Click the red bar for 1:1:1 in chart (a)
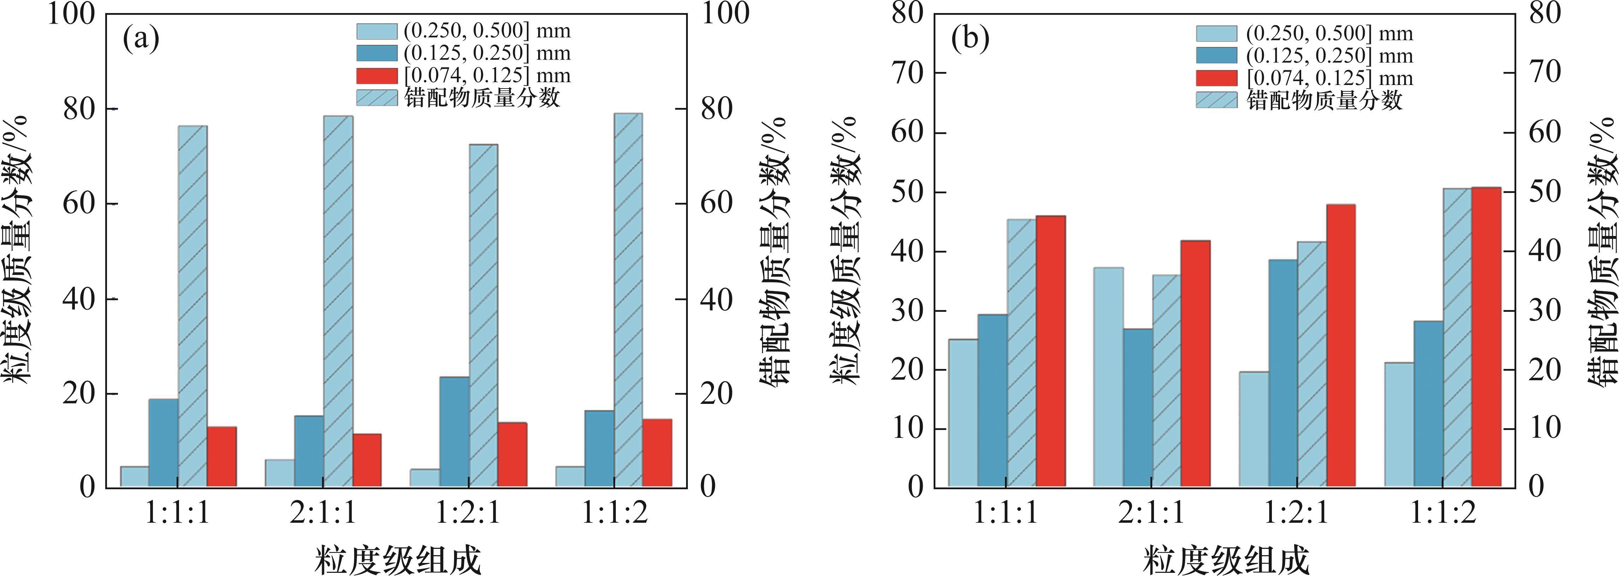click(x=222, y=457)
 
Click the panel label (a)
click(x=141, y=39)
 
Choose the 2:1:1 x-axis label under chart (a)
click(x=322, y=514)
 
